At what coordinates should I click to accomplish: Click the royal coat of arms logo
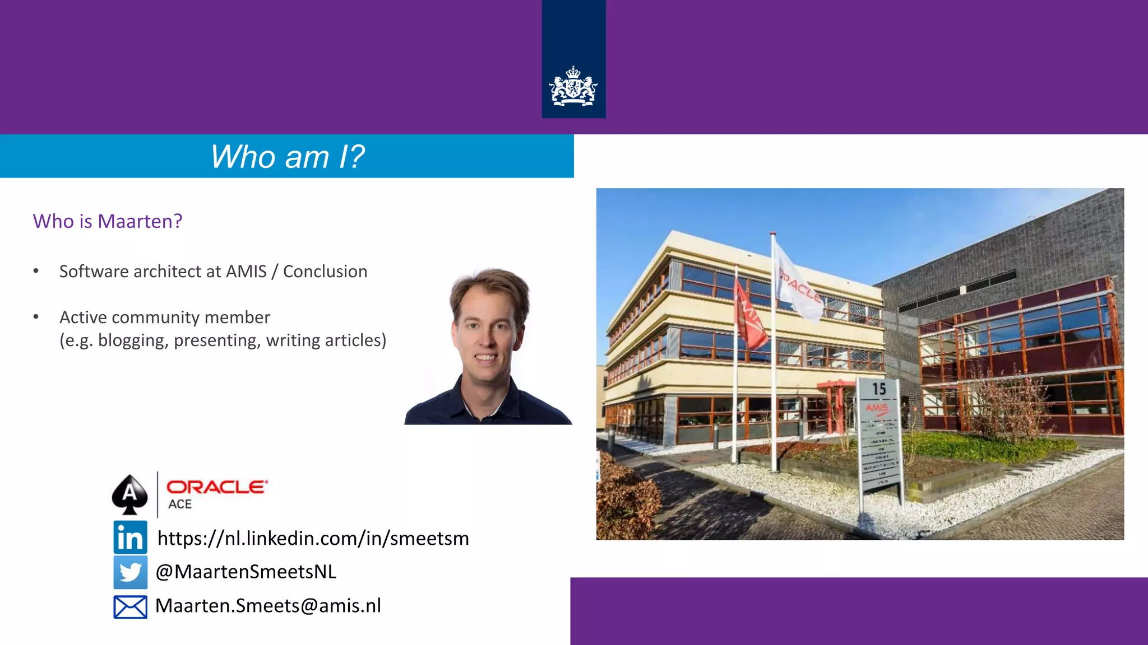(x=573, y=86)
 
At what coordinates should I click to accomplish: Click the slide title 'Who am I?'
(x=287, y=157)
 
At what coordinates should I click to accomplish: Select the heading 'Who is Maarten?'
(x=108, y=221)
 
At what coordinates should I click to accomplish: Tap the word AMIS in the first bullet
(x=246, y=272)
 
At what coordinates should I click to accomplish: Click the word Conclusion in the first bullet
(x=325, y=272)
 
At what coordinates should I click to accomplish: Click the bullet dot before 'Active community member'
(x=36, y=317)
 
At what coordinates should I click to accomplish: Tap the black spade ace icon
(x=129, y=494)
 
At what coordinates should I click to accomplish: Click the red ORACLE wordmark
(x=216, y=487)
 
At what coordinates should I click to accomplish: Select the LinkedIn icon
(x=130, y=537)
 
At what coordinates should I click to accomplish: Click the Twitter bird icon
(x=130, y=572)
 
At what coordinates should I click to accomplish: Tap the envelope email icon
(x=130, y=607)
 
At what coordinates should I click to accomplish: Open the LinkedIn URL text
(x=313, y=538)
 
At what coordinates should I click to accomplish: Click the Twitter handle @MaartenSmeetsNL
(x=246, y=572)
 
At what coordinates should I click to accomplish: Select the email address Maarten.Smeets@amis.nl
(x=268, y=606)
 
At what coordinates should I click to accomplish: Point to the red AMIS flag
(x=750, y=319)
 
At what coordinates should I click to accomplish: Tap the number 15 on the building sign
(x=878, y=389)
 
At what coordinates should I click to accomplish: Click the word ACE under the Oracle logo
(x=180, y=504)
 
